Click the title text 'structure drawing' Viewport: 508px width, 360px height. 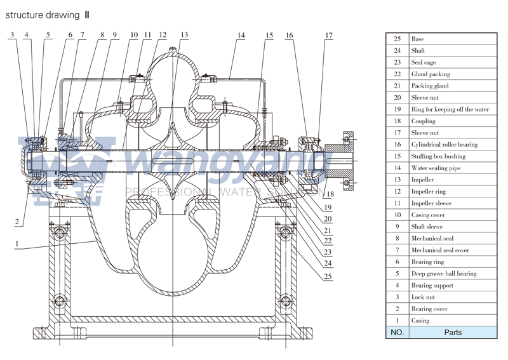(44, 14)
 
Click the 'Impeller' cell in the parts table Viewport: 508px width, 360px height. (423, 180)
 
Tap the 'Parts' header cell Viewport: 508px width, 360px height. (453, 332)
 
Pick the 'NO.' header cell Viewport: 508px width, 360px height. (397, 332)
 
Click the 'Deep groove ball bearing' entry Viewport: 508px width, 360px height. (443, 274)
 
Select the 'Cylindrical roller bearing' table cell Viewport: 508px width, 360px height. (444, 145)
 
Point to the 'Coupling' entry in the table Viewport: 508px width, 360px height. (424, 121)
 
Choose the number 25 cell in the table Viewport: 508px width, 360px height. (397, 39)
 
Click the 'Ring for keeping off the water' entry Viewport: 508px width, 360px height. (450, 109)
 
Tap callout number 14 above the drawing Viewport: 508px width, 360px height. (241, 36)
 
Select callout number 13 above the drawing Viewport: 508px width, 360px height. (184, 35)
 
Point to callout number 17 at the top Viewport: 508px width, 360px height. (328, 36)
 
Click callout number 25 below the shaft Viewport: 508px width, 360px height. (327, 276)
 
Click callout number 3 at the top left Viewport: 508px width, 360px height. (12, 35)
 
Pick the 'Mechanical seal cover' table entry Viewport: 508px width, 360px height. (440, 250)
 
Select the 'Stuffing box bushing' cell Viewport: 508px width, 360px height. (438, 156)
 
